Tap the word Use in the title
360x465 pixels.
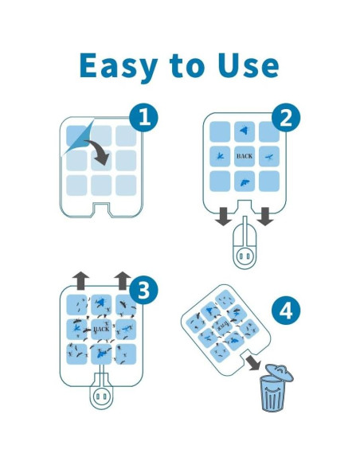coord(248,65)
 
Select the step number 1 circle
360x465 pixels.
coord(144,117)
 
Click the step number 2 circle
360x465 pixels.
coord(286,117)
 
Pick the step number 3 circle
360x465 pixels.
coord(144,290)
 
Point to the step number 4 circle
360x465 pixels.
coord(286,311)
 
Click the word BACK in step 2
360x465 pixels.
coord(245,156)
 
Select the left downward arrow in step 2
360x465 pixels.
coord(223,217)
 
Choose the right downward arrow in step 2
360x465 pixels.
coord(265,217)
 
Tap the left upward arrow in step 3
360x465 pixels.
coord(81,280)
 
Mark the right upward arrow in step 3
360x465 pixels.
coord(123,280)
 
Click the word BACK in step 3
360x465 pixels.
coord(101,329)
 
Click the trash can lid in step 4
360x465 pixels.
coord(279,372)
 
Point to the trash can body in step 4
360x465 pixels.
coord(272,393)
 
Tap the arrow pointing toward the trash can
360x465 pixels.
coord(253,362)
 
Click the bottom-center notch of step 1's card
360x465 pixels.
coord(101,209)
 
